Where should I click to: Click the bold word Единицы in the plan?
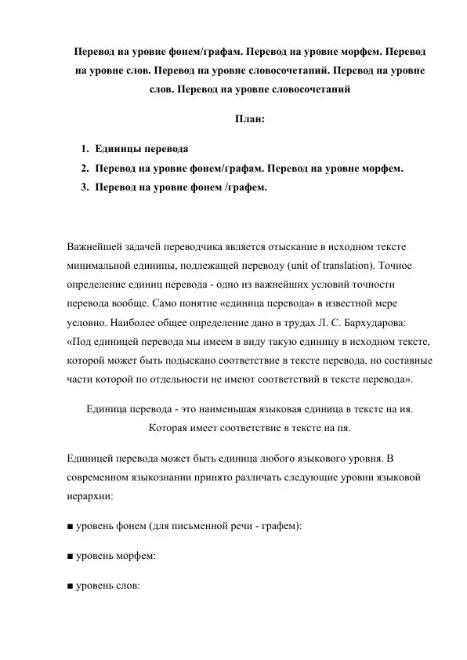[118, 149]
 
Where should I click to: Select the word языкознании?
[173, 477]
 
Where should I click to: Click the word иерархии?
[89, 496]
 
